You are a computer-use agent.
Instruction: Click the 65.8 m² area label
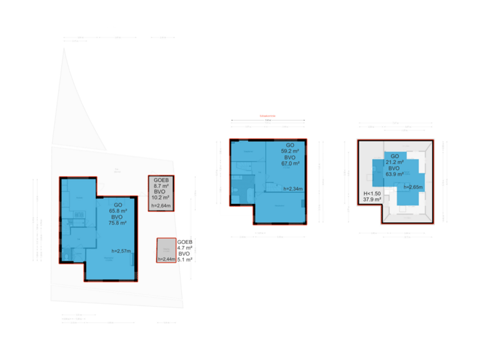(117, 211)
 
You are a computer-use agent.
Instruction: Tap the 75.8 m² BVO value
(117, 224)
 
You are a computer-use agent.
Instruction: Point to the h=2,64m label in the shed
(161, 206)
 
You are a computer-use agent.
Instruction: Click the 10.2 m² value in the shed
(161, 197)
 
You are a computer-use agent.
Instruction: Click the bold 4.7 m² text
(185, 247)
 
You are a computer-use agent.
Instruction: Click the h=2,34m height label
(292, 189)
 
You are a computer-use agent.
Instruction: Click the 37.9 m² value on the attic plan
(372, 199)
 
